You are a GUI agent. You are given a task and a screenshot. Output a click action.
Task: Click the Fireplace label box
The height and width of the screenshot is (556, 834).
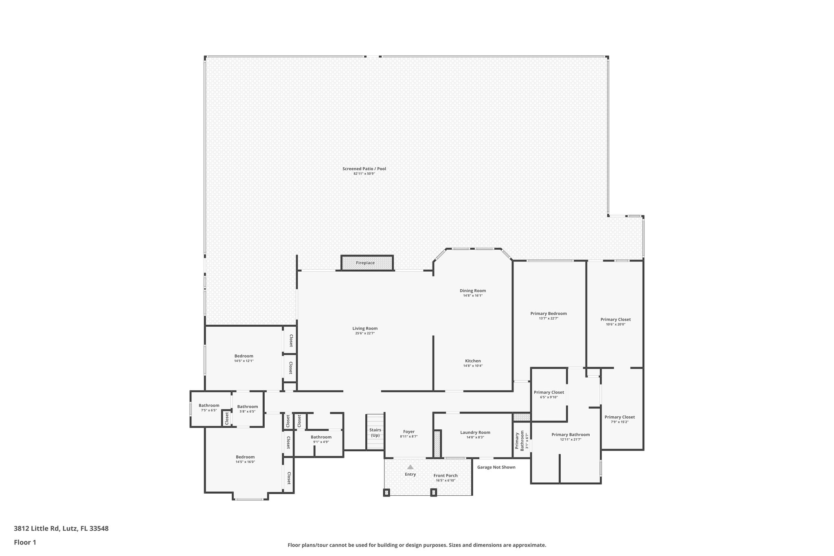pos(365,263)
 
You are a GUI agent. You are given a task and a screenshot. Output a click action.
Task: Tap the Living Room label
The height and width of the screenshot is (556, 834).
pos(365,328)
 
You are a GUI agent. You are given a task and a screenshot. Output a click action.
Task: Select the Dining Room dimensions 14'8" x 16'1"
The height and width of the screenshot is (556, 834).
pos(472,296)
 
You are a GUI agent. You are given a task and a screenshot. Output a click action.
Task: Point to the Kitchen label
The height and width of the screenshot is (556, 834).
pos(473,361)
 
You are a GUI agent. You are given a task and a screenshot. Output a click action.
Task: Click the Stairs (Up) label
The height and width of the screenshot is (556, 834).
pos(375,433)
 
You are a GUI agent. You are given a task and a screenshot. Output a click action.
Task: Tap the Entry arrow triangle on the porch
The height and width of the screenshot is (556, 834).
pos(410,467)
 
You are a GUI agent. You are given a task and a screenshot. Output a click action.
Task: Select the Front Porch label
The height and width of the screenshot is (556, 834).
pos(446,475)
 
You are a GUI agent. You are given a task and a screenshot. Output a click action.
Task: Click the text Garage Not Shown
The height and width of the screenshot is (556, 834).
pos(496,467)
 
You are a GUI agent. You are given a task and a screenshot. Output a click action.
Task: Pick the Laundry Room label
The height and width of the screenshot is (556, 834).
pos(475,433)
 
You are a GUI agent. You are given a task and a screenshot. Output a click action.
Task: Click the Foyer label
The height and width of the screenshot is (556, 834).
pos(409,432)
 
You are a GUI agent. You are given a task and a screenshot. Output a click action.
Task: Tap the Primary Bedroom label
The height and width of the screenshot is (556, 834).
pos(549,314)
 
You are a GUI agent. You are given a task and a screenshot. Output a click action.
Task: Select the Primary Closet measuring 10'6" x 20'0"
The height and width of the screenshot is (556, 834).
pos(615,320)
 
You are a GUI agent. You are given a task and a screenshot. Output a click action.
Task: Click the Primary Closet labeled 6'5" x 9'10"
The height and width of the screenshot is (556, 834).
pos(549,393)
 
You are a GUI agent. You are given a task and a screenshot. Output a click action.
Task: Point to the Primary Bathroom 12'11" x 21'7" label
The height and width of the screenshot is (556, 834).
pos(571,435)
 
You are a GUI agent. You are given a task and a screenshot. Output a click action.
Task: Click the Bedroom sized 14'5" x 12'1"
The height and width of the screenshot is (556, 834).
pos(244,356)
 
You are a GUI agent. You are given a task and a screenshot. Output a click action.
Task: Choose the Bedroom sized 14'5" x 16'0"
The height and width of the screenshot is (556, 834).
pos(245,457)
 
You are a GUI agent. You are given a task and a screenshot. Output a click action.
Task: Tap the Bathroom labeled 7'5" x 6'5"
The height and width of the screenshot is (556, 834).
pos(209,406)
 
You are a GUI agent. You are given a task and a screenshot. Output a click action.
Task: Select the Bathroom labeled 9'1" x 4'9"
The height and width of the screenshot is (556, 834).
pos(321,437)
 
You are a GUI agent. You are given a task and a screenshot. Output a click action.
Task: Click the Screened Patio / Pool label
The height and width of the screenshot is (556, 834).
pos(364,169)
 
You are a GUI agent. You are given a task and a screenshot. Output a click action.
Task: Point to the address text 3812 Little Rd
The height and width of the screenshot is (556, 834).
pos(61,529)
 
